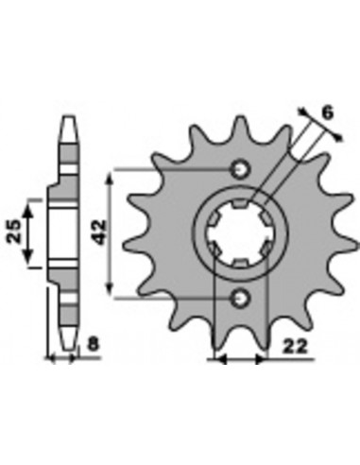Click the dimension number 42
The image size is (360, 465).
[x=100, y=232]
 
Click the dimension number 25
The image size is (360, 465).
[x=14, y=232]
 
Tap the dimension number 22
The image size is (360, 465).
[x=295, y=347]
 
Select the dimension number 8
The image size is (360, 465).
[x=94, y=343]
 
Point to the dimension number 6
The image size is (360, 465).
[x=328, y=112]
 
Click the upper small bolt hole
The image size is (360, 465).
[x=240, y=169]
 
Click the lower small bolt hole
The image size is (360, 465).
[x=240, y=298]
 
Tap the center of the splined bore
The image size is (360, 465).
[x=240, y=233]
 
